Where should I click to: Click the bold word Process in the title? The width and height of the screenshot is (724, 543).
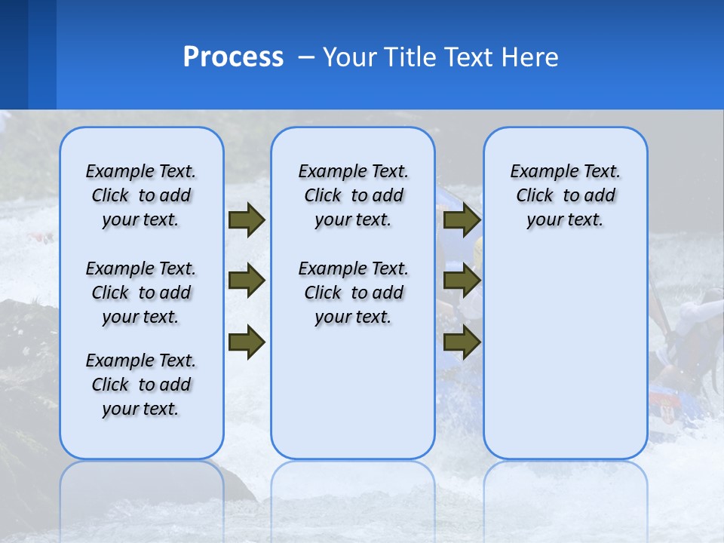[233, 57]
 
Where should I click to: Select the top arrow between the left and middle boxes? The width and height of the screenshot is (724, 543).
[247, 220]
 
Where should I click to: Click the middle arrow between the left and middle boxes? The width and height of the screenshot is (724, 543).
[247, 281]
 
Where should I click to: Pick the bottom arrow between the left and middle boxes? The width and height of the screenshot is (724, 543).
[247, 342]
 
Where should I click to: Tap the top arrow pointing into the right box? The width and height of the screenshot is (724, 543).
[462, 220]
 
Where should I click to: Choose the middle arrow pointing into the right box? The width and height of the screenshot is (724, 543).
[462, 281]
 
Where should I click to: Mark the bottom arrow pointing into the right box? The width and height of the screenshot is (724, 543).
[462, 342]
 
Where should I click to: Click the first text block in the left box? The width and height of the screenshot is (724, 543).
[141, 195]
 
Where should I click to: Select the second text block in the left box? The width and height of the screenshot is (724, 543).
[141, 293]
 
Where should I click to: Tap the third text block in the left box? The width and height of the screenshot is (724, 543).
[141, 385]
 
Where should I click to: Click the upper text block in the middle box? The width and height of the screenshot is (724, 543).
[353, 195]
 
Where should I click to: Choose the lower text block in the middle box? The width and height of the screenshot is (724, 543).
[353, 293]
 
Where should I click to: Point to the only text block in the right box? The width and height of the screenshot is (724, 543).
[565, 195]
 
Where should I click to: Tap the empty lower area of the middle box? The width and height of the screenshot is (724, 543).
[353, 392]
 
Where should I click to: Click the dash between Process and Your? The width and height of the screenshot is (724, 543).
[306, 58]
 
